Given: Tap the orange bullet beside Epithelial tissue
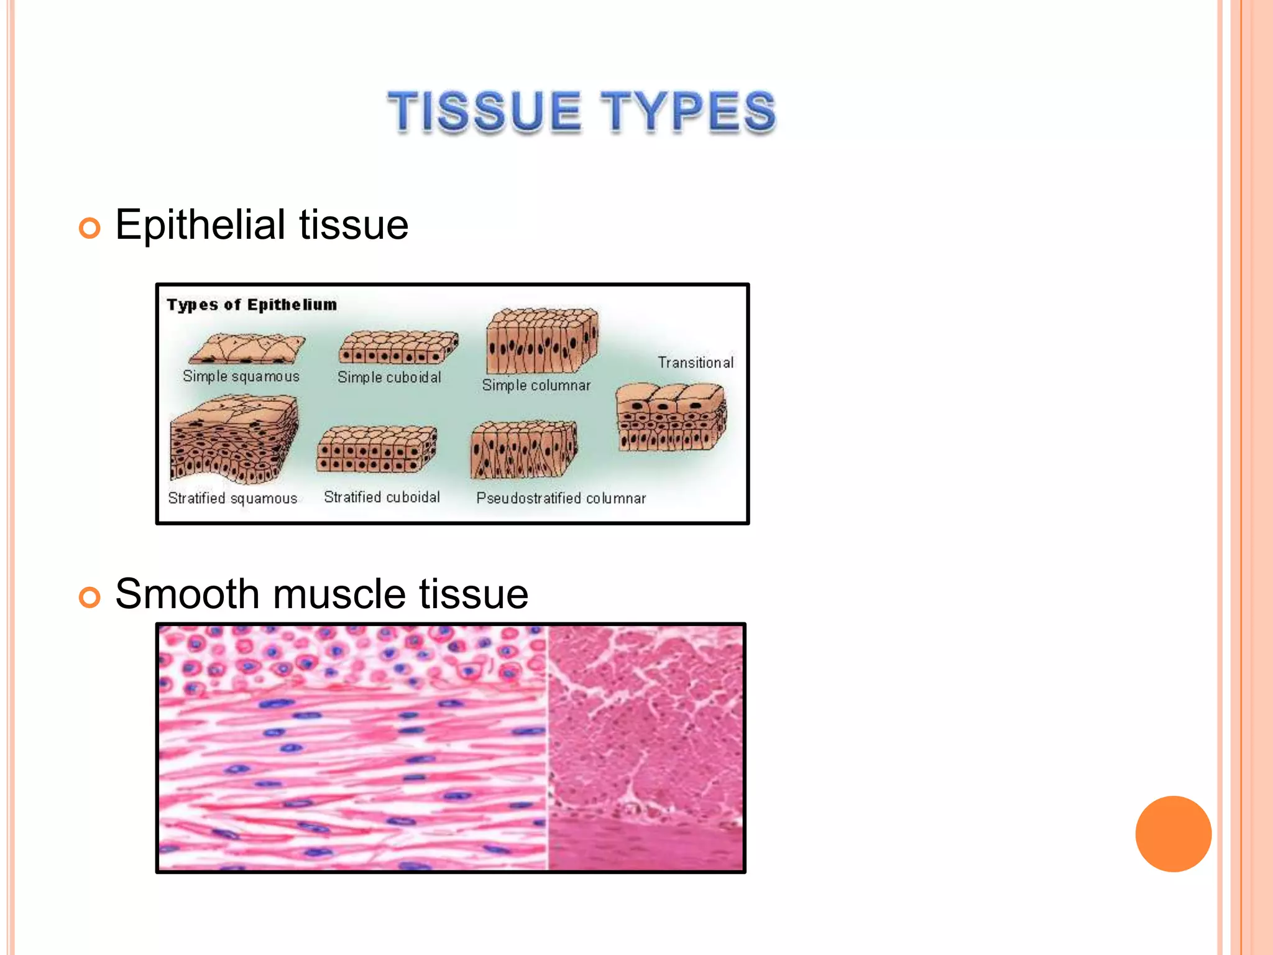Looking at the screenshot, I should point(90,228).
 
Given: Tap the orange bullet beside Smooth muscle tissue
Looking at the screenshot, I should point(90,597).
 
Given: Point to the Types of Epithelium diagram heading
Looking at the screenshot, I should point(252,305).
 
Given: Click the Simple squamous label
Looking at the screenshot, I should point(241,377).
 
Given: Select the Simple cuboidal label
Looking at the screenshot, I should point(389,377).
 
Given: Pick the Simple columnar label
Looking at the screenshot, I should point(536,385).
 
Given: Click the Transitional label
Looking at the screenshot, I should point(696,362).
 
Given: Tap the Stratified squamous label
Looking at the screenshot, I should point(232,499).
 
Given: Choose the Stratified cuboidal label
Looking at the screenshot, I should point(382,497).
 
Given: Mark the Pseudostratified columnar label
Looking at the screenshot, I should point(561,499).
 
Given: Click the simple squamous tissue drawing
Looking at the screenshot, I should point(247,349).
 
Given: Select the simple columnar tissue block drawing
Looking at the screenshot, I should point(541,340).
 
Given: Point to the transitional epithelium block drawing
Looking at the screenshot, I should point(671,417).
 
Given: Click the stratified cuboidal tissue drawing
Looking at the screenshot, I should point(377,449).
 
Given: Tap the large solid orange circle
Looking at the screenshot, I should point(1173,834).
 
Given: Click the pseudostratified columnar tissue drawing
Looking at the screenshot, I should point(524,450).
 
